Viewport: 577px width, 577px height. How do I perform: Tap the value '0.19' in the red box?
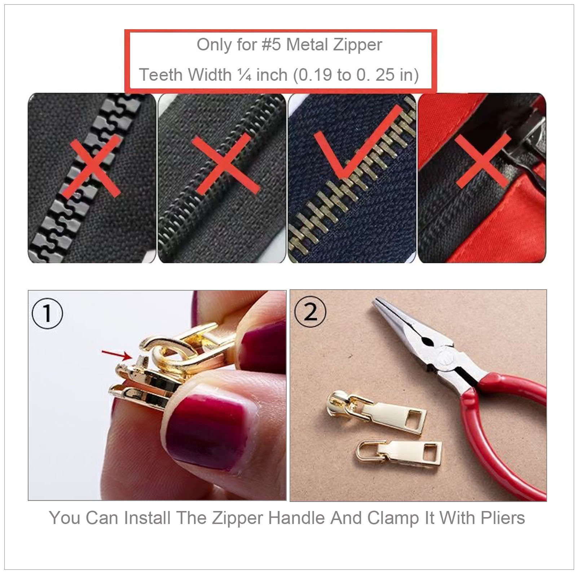(x=315, y=75)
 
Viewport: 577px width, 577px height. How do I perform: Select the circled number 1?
(x=47, y=313)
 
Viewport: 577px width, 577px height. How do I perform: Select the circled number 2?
(x=310, y=312)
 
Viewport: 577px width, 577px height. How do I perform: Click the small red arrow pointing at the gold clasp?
(x=116, y=355)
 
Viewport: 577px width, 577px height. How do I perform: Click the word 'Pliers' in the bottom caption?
(x=503, y=518)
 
